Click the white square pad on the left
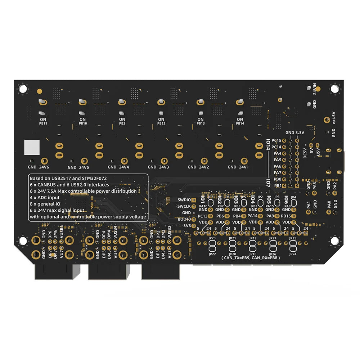[x=31, y=147]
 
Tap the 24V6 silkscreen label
[x=44, y=167]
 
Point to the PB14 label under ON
[x=240, y=123]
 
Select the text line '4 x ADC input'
[x=45, y=198]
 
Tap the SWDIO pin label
[x=184, y=199]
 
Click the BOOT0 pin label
[x=184, y=219]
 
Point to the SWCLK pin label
[x=184, y=206]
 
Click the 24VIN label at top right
[x=314, y=89]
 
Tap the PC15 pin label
[x=277, y=140]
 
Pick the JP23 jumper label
[x=212, y=238]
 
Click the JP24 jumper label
[x=293, y=254]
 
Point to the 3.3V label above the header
[x=300, y=132]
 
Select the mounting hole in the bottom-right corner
[x=334, y=240]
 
